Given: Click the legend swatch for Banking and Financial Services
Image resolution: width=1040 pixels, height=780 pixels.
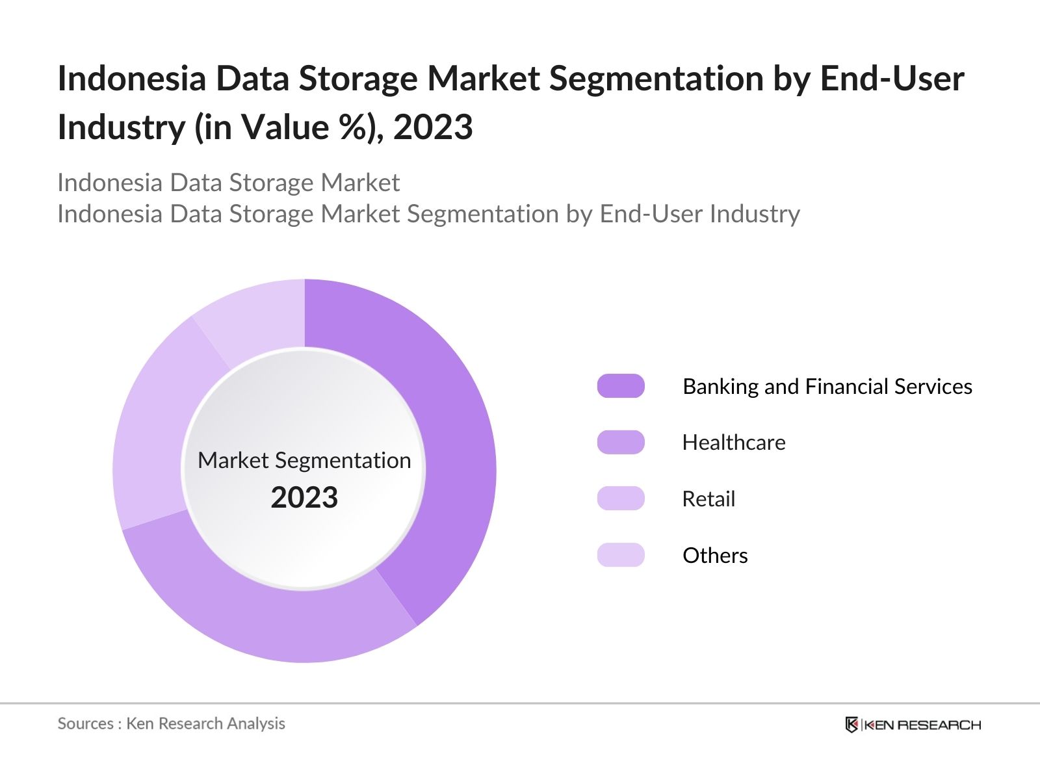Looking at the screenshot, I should tap(621, 386).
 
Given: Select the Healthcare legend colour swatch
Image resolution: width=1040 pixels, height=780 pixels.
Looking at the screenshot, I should tap(621, 442).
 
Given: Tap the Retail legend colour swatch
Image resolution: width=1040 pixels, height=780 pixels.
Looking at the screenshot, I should tap(621, 499).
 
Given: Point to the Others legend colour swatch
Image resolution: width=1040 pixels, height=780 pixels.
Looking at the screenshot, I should tap(621, 555).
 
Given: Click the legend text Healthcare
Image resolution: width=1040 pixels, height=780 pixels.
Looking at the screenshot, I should tap(734, 442).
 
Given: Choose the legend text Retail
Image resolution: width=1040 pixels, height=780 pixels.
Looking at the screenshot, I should tap(708, 499).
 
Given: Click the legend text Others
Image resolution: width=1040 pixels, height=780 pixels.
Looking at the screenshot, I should tap(715, 555).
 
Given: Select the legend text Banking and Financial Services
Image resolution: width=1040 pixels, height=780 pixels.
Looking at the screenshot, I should tap(827, 386).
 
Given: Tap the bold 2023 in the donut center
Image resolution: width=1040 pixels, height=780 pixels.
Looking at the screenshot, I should tap(304, 497).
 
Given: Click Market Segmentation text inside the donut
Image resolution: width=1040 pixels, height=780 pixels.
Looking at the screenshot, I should tap(304, 460).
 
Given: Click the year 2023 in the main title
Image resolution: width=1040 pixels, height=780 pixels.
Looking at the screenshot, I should tap(433, 127).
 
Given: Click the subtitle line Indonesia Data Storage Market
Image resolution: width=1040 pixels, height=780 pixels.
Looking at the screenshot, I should tap(228, 183).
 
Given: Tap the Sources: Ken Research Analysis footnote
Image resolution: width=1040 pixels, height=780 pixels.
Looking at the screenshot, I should tap(171, 723).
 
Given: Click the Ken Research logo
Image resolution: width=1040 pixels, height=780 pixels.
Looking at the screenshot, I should tap(913, 724).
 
